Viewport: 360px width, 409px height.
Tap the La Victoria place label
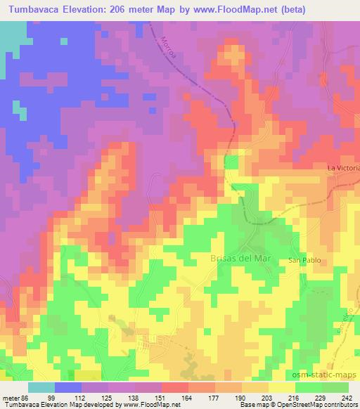click(344, 169)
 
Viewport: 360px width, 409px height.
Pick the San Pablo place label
click(306, 260)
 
